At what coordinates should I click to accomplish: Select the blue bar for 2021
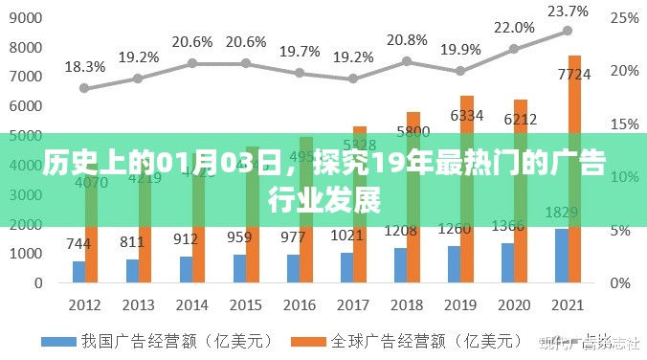(x=562, y=257)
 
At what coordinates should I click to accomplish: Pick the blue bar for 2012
(x=78, y=273)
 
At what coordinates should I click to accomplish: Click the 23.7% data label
(x=569, y=11)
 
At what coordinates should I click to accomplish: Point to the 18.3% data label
(x=84, y=66)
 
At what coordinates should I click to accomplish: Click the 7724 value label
(x=574, y=73)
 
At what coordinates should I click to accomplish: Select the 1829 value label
(x=561, y=212)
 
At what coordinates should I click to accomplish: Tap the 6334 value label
(x=467, y=115)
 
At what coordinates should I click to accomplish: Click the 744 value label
(x=78, y=244)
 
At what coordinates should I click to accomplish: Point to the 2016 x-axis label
(x=300, y=304)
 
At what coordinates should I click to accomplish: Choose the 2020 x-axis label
(x=515, y=304)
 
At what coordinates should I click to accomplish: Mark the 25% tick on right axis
(x=624, y=18)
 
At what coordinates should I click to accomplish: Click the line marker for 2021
(x=569, y=31)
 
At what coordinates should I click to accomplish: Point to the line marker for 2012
(x=84, y=87)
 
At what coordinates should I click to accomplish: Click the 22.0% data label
(x=515, y=28)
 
